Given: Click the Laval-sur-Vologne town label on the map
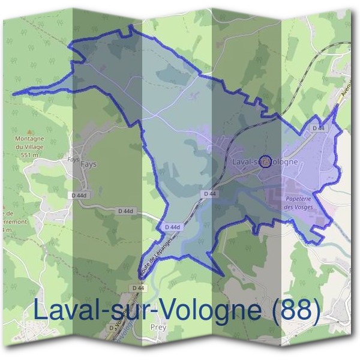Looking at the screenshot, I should (x=265, y=162).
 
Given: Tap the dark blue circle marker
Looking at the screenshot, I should (x=268, y=160).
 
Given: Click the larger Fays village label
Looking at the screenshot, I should (x=88, y=164).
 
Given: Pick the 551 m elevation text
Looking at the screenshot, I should (x=43, y=154).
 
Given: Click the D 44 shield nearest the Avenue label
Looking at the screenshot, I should (x=318, y=128).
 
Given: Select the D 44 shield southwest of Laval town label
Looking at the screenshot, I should (x=209, y=194).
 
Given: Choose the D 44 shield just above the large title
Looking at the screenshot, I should (x=137, y=288).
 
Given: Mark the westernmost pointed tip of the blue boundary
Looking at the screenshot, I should (x=13, y=94).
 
